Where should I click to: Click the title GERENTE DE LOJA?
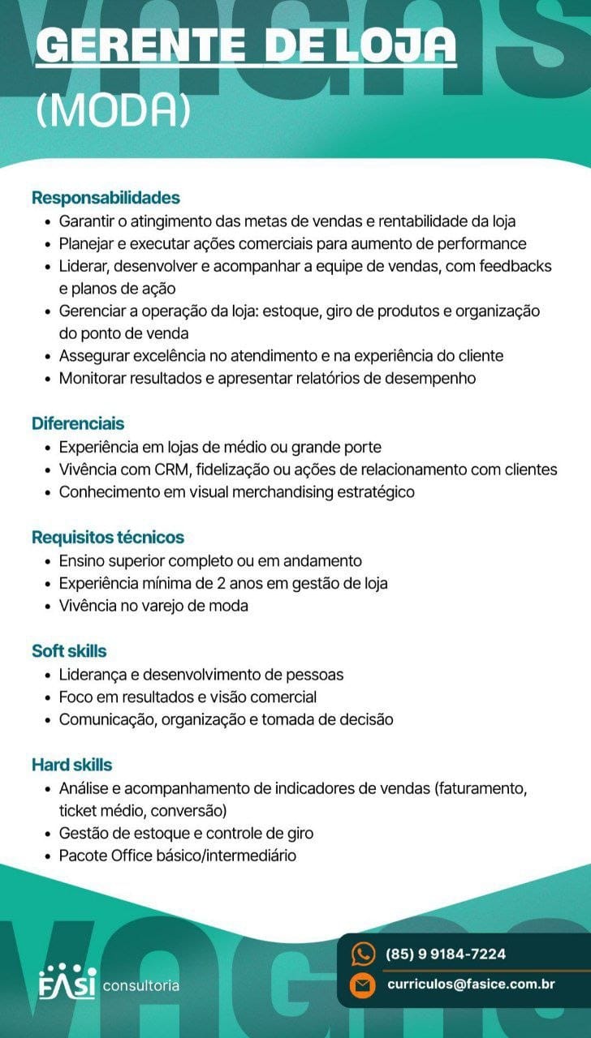(x=246, y=47)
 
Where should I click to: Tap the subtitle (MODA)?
(x=113, y=113)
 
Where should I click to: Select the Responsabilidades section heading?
(x=106, y=198)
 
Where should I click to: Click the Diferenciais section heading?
(x=78, y=423)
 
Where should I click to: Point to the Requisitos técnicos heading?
(x=108, y=537)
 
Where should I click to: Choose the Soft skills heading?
(x=69, y=650)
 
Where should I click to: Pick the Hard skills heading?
(x=71, y=765)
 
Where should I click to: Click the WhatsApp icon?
(x=362, y=954)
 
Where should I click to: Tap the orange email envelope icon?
(x=362, y=985)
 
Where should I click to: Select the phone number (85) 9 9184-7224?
(x=446, y=954)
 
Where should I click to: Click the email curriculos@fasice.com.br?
(x=471, y=984)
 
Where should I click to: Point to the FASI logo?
(x=67, y=983)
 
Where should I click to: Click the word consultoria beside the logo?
(x=141, y=986)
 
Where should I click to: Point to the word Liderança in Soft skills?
(x=91, y=674)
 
